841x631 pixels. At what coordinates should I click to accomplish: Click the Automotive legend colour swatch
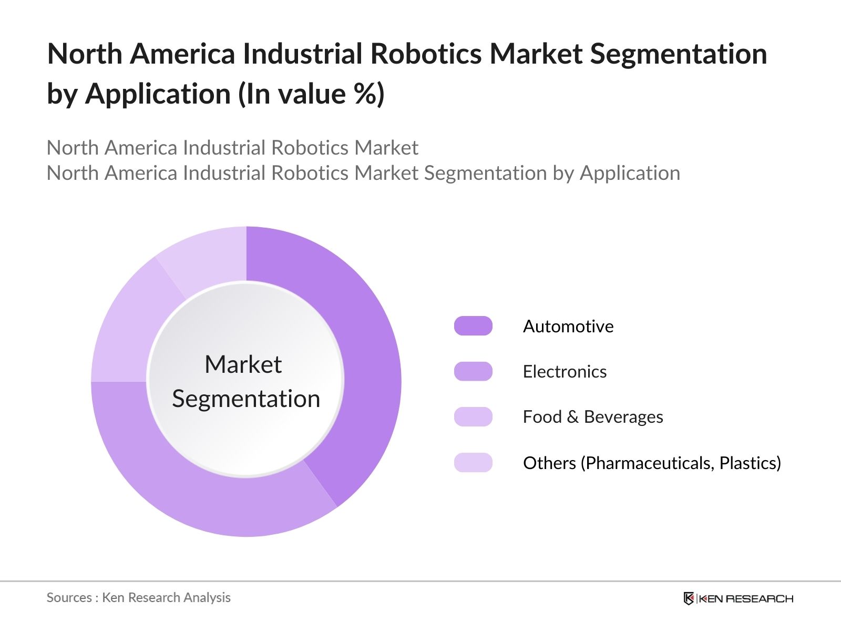[x=473, y=326]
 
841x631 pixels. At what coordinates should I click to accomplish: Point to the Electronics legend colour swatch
[x=473, y=371]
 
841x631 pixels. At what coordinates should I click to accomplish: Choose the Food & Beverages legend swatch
[x=473, y=416]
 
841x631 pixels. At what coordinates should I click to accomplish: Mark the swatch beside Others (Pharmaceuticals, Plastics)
[x=473, y=463]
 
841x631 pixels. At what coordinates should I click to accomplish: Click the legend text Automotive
[x=568, y=327]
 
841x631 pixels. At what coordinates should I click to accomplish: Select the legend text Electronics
[x=565, y=372]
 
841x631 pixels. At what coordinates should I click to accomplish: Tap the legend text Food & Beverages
[x=592, y=417]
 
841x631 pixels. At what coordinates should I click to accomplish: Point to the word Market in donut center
[x=243, y=364]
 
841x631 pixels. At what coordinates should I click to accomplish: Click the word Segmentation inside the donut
[x=246, y=399]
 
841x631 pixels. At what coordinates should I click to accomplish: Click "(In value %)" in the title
[x=311, y=94]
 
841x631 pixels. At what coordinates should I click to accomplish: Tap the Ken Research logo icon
[x=689, y=598]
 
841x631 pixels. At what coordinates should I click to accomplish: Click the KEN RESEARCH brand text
[x=746, y=598]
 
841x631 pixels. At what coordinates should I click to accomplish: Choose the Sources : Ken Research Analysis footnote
[x=138, y=597]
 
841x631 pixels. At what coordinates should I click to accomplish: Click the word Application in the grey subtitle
[x=630, y=173]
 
